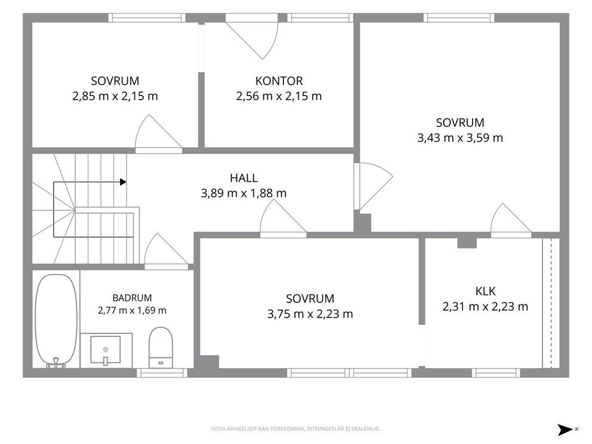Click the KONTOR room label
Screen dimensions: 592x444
coord(279,81)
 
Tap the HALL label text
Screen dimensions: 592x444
coord(244,178)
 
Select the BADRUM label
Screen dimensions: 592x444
coord(132,298)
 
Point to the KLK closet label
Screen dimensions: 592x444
coord(485,291)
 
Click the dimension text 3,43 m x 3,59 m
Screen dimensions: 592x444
coord(460,138)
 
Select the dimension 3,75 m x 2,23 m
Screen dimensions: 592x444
coord(310,314)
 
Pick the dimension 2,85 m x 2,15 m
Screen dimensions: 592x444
coord(115,96)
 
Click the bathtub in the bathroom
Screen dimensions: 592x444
coord(56,320)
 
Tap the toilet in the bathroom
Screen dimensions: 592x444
coord(161,347)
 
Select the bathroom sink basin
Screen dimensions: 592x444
coord(106,350)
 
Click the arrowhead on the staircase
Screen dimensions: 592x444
coord(123,182)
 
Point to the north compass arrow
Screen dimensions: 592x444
coord(566,430)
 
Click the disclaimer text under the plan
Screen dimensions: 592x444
coord(295,429)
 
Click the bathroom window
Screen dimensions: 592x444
coord(162,373)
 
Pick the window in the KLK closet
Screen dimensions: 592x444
coord(496,373)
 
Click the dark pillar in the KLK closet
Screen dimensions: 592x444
coord(467,243)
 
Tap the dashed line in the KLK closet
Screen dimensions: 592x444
coord(551,303)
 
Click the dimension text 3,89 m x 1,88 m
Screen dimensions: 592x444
coord(243,193)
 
